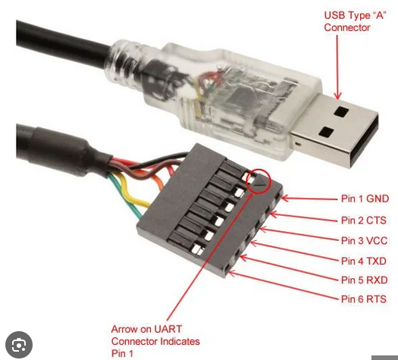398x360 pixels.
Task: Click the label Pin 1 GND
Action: coord(365,199)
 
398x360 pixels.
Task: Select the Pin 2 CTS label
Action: coord(363,220)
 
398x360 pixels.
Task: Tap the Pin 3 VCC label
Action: coord(364,240)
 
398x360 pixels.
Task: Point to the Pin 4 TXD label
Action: coord(363,261)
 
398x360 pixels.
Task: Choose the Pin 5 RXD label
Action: coord(364,280)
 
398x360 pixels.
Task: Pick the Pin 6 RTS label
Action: coord(363,299)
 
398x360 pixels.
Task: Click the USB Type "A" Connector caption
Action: coord(355,21)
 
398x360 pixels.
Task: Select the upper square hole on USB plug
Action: coord(341,111)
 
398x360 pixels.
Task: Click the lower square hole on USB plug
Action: coord(327,133)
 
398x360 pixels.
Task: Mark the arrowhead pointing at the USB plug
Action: coord(337,95)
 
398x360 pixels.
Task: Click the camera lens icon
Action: coord(19,345)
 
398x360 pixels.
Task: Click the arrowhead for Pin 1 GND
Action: coord(285,198)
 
